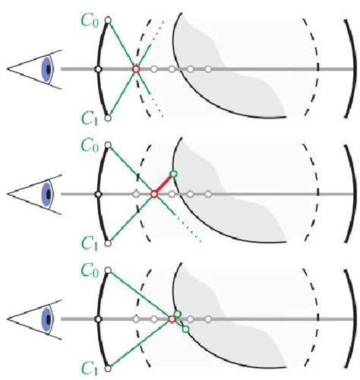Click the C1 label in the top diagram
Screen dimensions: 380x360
pos(89,116)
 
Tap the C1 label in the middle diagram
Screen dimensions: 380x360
pos(89,242)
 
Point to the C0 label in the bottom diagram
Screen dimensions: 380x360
pos(89,268)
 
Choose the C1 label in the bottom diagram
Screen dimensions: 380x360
pos(89,369)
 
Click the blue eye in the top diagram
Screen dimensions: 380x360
pos(47,69)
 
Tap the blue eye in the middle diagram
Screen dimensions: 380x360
pos(47,194)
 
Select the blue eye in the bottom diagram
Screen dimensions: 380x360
pos(47,318)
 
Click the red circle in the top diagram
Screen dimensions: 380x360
pos(136,69)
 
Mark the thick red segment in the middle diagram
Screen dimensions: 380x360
pos(163,185)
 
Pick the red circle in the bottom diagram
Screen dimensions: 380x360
pos(172,319)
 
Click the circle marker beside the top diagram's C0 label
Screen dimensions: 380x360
pos(109,19)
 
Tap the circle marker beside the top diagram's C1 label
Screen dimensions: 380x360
pos(109,118)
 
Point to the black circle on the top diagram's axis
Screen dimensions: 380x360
pos(98,69)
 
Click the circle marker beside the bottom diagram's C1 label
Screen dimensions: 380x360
pos(109,368)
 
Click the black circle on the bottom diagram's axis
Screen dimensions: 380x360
pos(98,318)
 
